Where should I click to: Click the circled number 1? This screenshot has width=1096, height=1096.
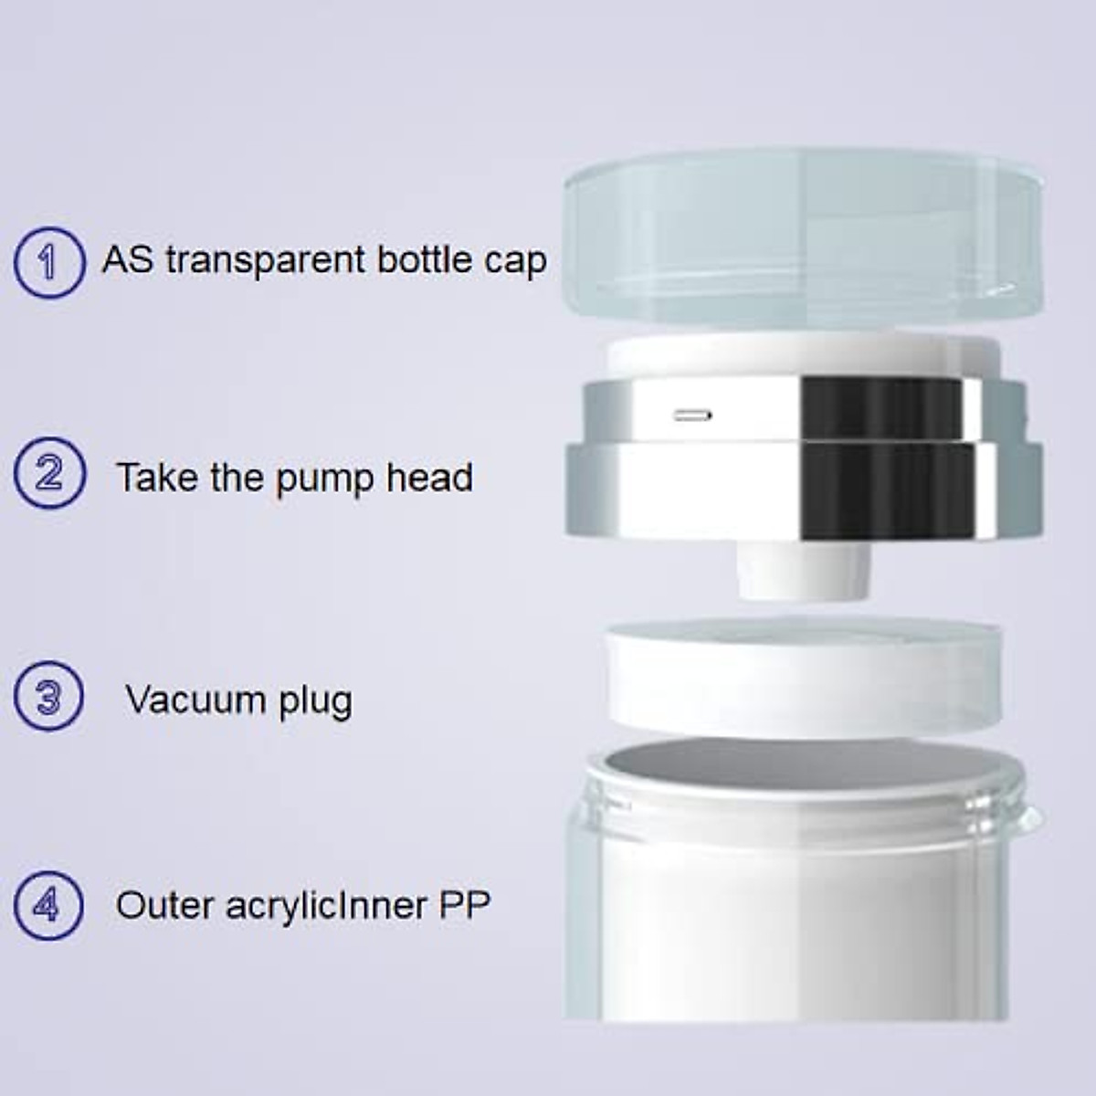48,262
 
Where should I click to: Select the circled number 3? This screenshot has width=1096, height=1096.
48,698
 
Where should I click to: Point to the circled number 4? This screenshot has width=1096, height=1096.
48,906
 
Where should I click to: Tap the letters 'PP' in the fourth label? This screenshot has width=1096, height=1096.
465,905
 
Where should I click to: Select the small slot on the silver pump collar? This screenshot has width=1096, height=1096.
693,416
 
